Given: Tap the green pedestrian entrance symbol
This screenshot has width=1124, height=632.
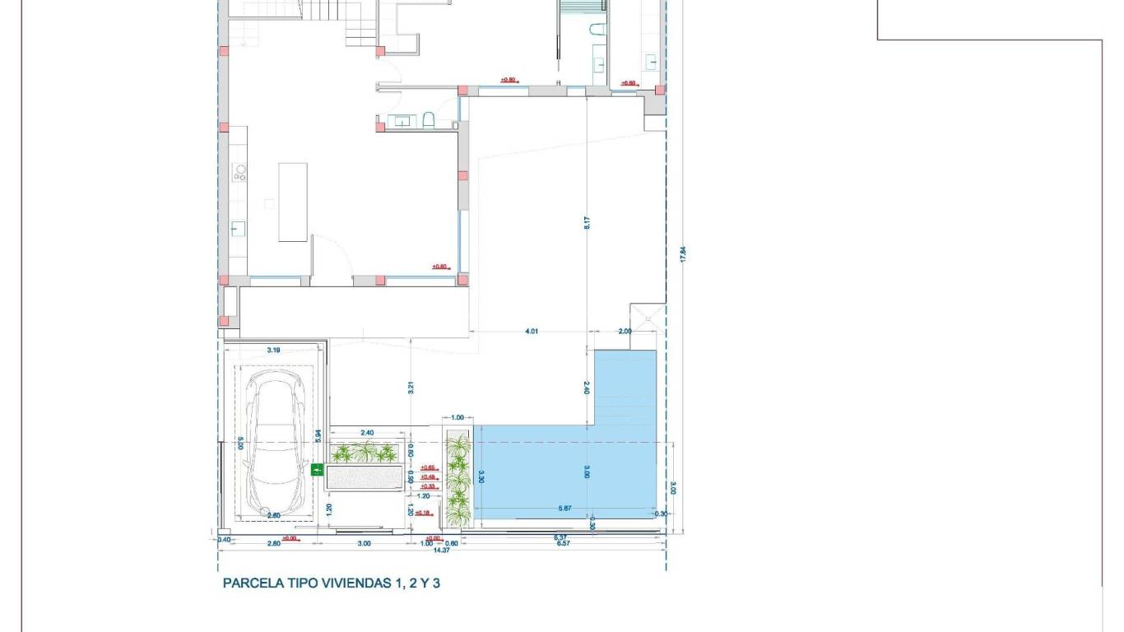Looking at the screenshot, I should click(317, 470).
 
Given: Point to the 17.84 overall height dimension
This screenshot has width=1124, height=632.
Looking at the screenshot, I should click(682, 254).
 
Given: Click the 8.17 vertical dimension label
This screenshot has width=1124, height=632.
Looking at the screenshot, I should click(588, 222).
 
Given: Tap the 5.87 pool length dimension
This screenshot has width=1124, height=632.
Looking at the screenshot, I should click(564, 509).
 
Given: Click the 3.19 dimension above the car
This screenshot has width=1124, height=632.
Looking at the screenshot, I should click(273, 351).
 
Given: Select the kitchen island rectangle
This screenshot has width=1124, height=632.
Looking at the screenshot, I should click(293, 202).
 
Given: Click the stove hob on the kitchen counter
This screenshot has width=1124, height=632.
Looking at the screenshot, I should click(240, 173).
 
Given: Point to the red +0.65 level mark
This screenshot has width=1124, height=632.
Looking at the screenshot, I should click(428, 468).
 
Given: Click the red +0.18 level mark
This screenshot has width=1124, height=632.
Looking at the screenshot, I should click(423, 513).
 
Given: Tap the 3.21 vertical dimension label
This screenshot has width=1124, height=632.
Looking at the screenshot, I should click(410, 388).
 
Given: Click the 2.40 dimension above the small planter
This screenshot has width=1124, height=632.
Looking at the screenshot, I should click(367, 433).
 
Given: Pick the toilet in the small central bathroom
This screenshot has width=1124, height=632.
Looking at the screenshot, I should click(428, 122).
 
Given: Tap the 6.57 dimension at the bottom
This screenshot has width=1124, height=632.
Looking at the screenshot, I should click(563, 543).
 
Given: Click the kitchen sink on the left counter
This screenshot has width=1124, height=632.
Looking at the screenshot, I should click(238, 229).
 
